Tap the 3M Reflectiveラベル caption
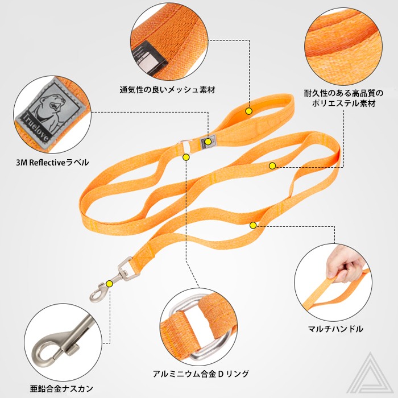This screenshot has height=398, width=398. pyautogui.click(x=52, y=162)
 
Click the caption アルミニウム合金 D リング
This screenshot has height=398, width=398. pyautogui.click(x=201, y=374)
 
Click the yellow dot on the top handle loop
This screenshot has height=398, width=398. pyautogui.click(x=248, y=111)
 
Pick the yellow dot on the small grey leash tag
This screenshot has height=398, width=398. pyautogui.click(x=209, y=142)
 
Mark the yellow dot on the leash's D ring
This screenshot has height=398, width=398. pyautogui.click(x=185, y=156)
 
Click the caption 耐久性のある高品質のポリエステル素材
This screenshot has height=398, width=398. pyautogui.click(x=343, y=98)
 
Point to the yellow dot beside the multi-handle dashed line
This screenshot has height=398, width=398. pyautogui.click(x=253, y=225)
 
